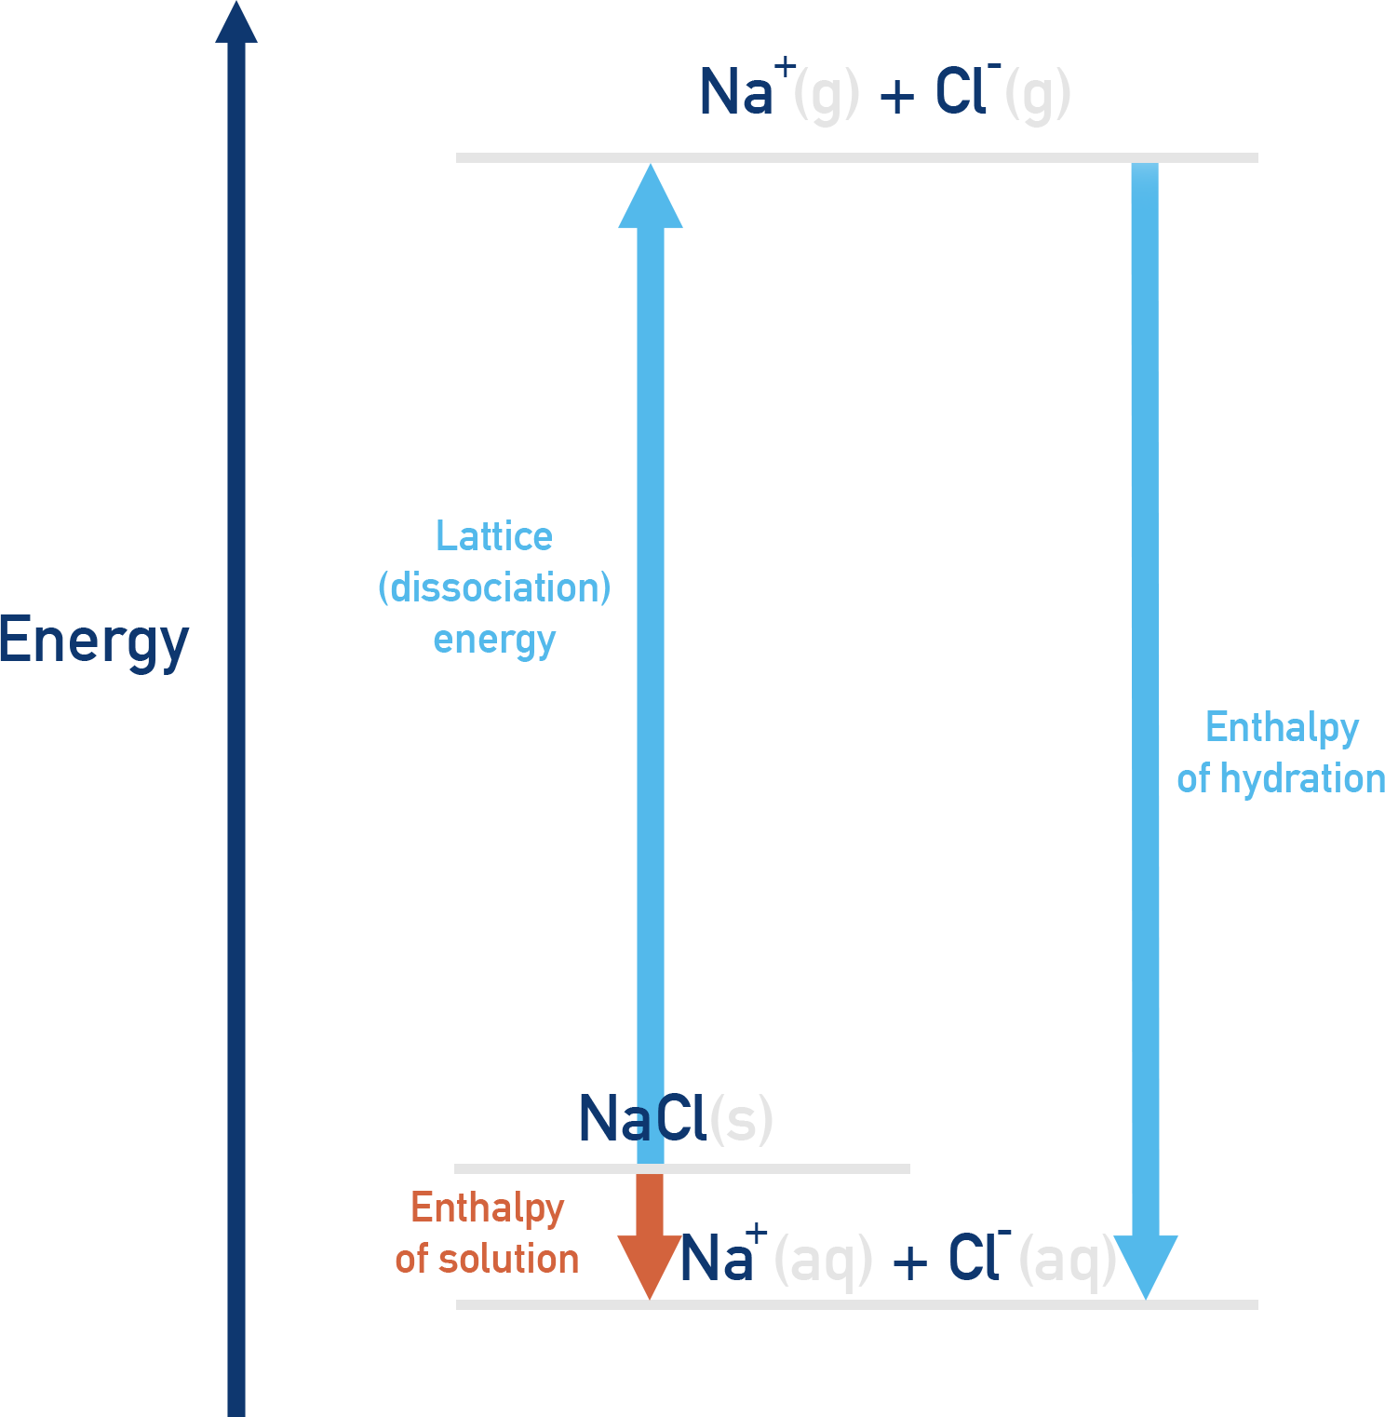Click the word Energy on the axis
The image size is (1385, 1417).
point(94,641)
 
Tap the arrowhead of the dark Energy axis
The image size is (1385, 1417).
point(236,23)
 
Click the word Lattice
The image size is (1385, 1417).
point(494,536)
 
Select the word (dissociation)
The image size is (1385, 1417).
point(494,587)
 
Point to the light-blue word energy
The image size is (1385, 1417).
point(494,641)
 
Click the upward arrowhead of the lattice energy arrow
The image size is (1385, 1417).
point(651,197)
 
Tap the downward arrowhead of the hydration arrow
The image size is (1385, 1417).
point(1146,1265)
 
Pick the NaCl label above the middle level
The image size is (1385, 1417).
point(642,1118)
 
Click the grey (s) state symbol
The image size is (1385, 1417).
point(741,1119)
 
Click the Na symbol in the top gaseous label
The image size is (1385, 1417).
point(735,92)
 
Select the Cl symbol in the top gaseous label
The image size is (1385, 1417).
point(960,91)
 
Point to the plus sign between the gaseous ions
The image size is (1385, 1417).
point(897,96)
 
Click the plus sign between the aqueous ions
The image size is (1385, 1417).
point(909,1263)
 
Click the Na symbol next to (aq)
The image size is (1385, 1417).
point(715,1259)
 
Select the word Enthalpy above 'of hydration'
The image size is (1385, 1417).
point(1282,727)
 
